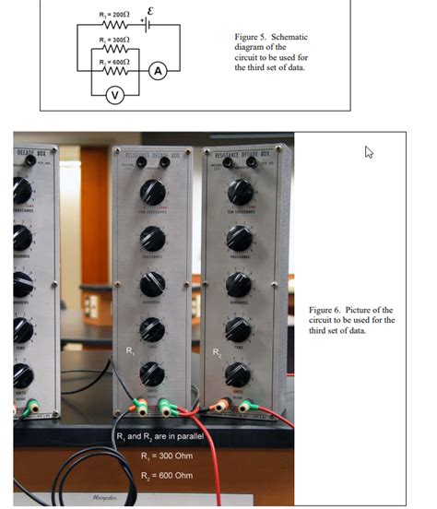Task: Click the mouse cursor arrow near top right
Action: tap(369, 151)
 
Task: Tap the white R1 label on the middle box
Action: tap(131, 351)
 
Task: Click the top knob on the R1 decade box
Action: tap(152, 193)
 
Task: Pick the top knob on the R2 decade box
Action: tap(239, 192)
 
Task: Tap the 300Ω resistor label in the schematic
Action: tap(113, 41)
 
